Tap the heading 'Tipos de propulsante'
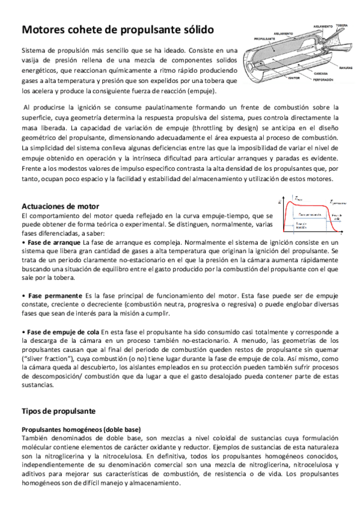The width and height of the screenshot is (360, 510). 58,411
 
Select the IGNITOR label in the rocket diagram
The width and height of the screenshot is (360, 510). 278,78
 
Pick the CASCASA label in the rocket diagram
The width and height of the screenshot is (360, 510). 311,73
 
